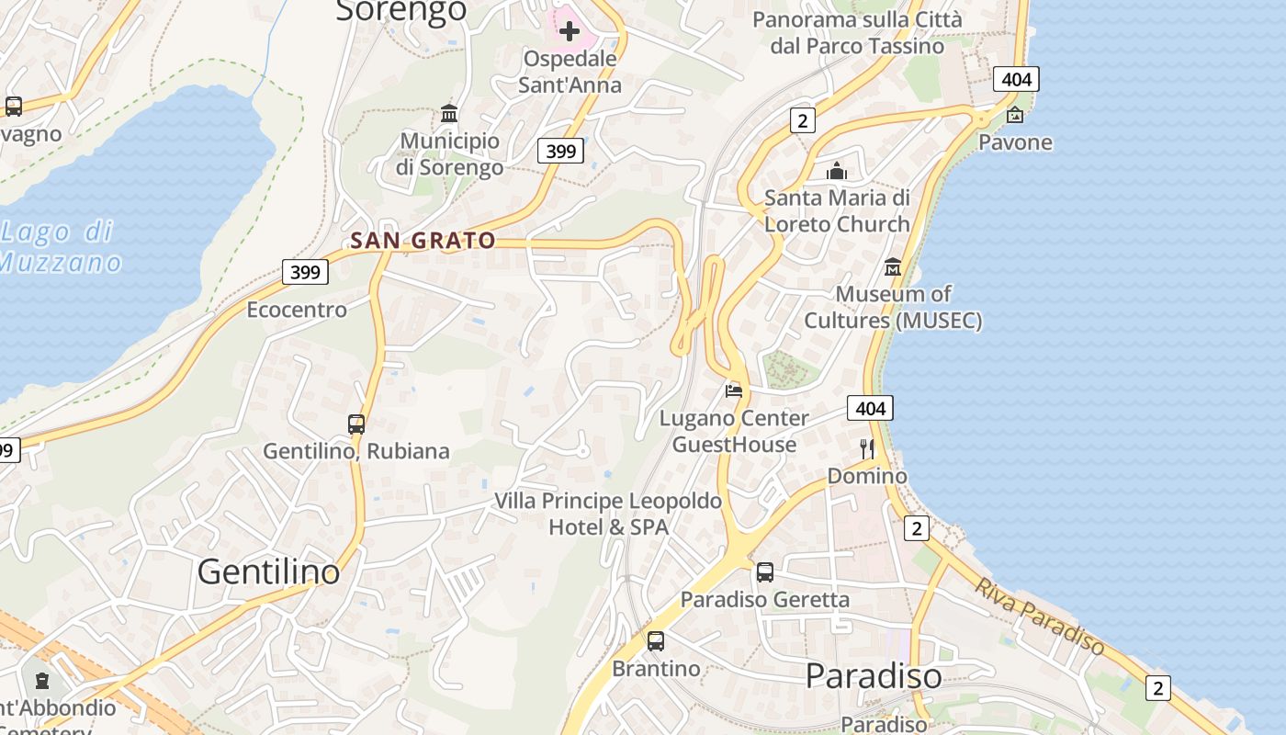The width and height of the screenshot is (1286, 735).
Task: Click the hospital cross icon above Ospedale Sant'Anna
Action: point(570,32)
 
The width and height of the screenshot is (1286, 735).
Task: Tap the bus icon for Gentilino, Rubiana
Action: point(356,424)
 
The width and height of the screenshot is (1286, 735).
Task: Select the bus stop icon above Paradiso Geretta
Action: point(765,572)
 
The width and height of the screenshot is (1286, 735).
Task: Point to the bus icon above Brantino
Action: point(656,641)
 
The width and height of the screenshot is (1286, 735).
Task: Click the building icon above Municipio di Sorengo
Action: point(449,113)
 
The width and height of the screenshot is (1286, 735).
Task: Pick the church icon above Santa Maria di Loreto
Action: point(837,171)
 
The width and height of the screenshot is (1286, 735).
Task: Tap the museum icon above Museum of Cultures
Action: point(893,267)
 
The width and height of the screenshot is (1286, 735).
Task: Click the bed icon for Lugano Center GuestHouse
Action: point(734,390)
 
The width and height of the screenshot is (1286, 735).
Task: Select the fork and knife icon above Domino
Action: point(867,448)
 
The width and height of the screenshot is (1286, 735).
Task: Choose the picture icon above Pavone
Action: point(1015,115)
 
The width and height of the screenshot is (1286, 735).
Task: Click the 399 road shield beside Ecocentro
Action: point(305,272)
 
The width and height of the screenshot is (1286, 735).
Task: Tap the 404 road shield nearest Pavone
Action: point(1016,79)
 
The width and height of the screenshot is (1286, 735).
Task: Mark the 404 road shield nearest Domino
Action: point(869,408)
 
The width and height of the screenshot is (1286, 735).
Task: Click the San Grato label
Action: point(423,241)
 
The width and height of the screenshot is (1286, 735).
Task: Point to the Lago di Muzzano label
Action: point(60,247)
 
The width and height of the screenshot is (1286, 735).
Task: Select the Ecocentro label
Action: point(297,310)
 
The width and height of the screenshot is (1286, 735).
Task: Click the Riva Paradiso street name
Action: point(1040,616)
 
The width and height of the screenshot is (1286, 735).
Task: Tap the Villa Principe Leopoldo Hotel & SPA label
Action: point(608,514)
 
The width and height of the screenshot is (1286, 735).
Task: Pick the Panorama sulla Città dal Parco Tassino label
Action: point(857,33)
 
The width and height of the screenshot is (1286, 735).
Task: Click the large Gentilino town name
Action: point(268,572)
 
